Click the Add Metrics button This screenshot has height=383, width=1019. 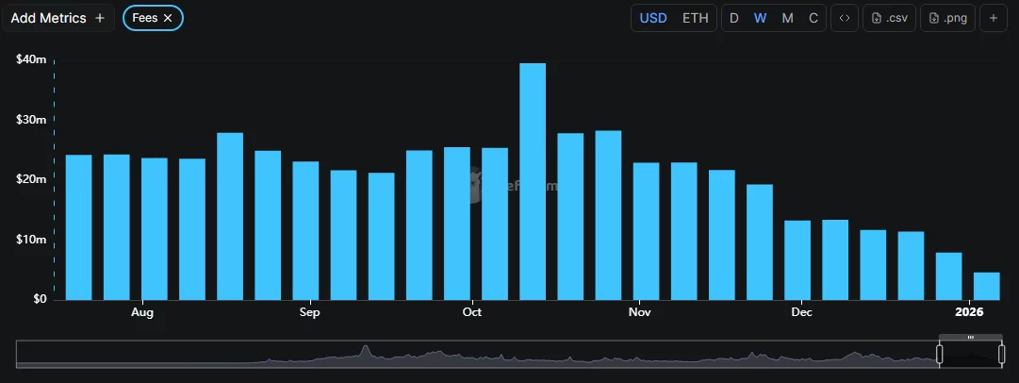58,18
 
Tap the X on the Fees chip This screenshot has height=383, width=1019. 168,18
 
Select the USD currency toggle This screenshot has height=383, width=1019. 653,18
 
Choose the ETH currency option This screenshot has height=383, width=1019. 695,18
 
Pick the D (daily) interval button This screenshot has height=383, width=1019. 734,18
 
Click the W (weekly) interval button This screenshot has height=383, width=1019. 760,18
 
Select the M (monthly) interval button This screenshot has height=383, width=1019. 787,18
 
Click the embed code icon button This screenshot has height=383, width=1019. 844,18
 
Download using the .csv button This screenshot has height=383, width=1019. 889,18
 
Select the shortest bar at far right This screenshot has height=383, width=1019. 986,286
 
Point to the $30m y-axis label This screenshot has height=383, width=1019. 31,120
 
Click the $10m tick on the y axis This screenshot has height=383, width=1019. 31,240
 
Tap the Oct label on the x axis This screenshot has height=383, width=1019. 472,311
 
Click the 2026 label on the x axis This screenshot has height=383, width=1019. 969,311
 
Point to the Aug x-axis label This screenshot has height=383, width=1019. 142,311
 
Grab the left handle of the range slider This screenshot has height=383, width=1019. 939,355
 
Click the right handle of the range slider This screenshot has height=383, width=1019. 1001,355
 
